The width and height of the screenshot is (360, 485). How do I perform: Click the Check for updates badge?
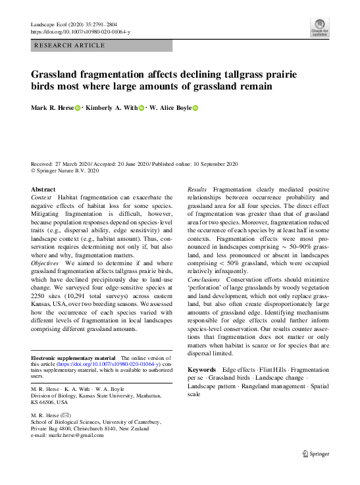(x=319, y=28)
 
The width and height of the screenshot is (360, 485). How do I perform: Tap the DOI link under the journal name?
(x=80, y=32)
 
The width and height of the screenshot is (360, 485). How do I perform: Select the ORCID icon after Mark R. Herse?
(x=76, y=108)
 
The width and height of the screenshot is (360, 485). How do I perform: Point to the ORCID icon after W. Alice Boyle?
(x=195, y=108)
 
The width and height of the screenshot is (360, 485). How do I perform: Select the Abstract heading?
(x=43, y=189)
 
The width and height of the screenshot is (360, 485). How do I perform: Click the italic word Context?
(x=42, y=197)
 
